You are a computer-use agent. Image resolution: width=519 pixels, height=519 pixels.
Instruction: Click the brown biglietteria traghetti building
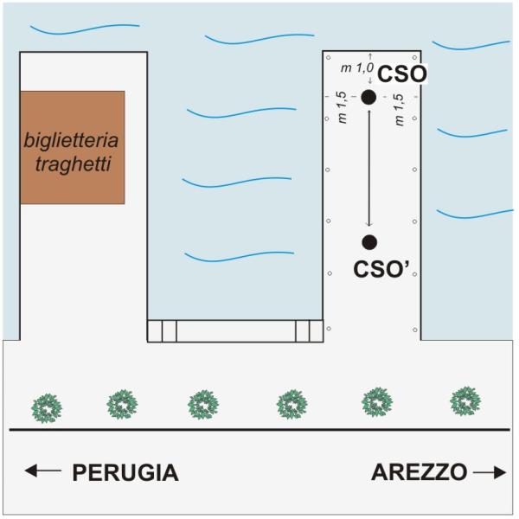[x=73, y=147]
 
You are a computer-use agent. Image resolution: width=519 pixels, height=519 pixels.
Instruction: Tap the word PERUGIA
[x=125, y=473]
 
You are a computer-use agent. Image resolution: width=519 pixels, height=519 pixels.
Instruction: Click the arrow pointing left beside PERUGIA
[x=43, y=471]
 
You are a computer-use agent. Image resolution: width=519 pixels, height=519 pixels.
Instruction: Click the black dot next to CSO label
[x=368, y=97]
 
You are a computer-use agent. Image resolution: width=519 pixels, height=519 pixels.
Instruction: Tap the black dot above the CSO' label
[x=369, y=241]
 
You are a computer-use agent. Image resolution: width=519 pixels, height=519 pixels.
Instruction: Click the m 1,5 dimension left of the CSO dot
[x=343, y=110]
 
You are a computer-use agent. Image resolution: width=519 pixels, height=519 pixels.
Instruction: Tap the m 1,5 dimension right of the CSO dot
[x=399, y=110]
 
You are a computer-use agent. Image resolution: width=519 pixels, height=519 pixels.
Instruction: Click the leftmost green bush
[x=46, y=405]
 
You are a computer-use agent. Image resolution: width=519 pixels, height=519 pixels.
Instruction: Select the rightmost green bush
[x=466, y=400]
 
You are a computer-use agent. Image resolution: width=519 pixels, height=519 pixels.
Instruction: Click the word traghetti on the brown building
[x=73, y=162]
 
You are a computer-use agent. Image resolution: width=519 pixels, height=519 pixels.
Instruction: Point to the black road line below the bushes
[x=259, y=430]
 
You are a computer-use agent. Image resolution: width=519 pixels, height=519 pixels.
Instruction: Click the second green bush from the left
[x=122, y=403]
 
